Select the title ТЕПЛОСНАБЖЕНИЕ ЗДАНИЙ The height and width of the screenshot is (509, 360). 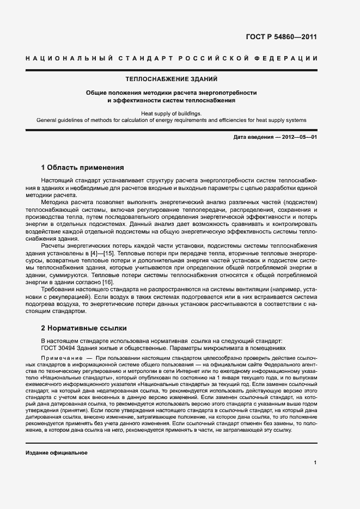pos(172,79)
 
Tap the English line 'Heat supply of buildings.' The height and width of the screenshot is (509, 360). pos(172,113)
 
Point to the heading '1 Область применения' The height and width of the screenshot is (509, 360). pos(83,167)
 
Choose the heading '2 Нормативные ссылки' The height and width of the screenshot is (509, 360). pos(84,328)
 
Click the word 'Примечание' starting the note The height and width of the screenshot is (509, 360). pos(59,360)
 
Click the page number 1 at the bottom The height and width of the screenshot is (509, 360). pos(315,462)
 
